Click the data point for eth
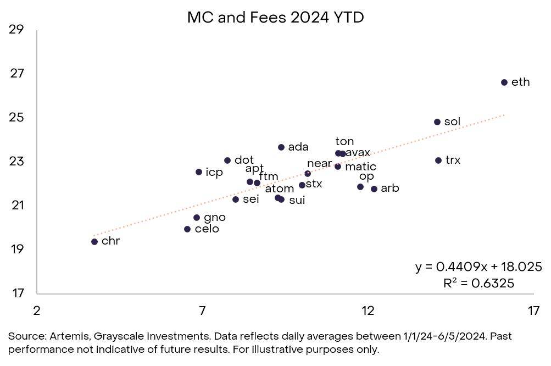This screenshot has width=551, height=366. pos(504,82)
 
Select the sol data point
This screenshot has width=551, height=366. pos(437,122)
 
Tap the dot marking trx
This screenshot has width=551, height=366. pos(438,160)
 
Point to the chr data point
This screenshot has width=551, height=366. pos(94,242)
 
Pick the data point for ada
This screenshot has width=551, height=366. pos(281,147)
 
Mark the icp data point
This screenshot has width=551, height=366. pos(199,172)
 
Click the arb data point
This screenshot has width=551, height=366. pos(374,189)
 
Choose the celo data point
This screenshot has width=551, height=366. pos(187,229)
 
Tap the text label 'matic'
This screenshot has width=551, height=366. pos(360,167)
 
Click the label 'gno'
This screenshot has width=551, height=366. pos(214,218)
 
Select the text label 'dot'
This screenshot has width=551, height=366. pos(244,160)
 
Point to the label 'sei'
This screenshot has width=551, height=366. pos(251,199)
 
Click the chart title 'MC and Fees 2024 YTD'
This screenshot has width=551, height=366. pos(275,17)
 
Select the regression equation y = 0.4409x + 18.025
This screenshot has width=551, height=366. pos(478,267)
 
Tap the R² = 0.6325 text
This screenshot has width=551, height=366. pos(478,283)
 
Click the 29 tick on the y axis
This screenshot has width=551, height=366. pos(16,30)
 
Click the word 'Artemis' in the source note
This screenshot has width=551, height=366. pos(68,336)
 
